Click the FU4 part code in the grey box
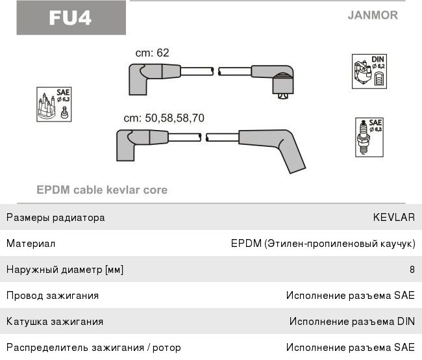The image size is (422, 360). (70, 18)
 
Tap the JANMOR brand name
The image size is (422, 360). (373, 15)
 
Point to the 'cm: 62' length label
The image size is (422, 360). (153, 53)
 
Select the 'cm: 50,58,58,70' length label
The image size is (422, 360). (164, 118)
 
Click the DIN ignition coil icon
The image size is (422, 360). (369, 71)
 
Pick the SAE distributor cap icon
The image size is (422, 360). (54, 104)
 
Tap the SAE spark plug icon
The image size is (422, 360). (369, 137)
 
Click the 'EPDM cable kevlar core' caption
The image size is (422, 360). (102, 190)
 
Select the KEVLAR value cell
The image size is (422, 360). (393, 217)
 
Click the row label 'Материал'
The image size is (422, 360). (31, 243)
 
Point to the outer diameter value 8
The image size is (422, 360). (412, 269)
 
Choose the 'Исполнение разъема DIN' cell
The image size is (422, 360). (352, 321)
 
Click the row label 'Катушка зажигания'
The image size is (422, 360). (55, 321)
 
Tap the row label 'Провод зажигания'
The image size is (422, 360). (53, 295)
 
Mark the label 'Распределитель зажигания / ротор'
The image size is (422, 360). (93, 348)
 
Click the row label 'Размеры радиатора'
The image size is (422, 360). (56, 218)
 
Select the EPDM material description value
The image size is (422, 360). (323, 243)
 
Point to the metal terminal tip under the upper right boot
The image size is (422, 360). (282, 96)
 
